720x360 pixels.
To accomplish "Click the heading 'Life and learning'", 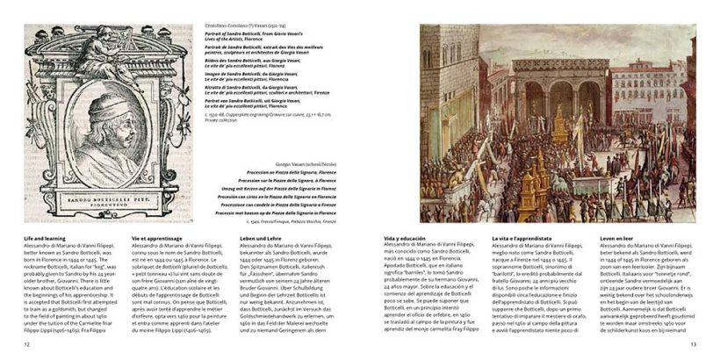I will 46,238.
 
